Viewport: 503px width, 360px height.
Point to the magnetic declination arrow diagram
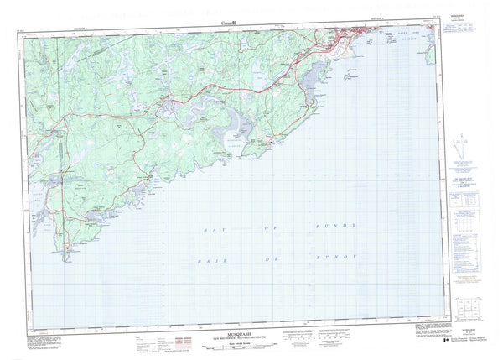tap(464, 146)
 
